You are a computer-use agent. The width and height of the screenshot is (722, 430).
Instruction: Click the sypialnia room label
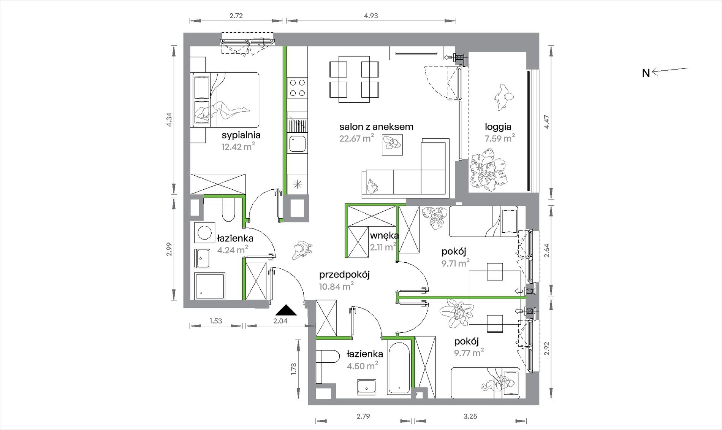[241, 135]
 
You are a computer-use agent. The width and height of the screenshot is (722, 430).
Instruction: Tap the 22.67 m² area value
[356, 138]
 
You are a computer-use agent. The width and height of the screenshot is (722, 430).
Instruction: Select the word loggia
[498, 127]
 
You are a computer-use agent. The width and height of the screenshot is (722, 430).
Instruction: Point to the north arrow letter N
[646, 73]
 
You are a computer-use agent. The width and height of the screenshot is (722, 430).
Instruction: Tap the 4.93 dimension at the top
[371, 16]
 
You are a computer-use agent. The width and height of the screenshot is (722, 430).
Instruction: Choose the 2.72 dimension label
[236, 16]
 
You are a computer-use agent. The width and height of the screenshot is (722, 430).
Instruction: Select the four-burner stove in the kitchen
[297, 87]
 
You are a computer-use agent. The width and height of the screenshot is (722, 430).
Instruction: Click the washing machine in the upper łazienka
[204, 232]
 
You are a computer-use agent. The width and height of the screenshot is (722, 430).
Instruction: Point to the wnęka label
[384, 236]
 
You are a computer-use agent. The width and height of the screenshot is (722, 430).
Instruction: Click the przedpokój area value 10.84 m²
[336, 286]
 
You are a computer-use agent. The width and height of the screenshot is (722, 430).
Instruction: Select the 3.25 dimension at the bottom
[470, 416]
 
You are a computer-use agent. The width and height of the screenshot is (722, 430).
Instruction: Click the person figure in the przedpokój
[302, 250]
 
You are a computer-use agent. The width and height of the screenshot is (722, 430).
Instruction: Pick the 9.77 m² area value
[469, 353]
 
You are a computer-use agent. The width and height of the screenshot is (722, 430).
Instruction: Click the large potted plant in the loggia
[489, 169]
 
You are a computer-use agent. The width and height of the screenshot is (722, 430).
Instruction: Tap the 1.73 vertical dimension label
[293, 369]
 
